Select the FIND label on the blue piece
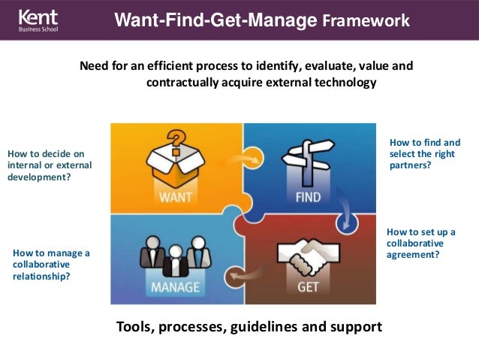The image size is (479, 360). tap(303, 198)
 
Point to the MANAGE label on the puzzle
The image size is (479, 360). tap(175, 287)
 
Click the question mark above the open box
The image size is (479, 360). tap(175, 140)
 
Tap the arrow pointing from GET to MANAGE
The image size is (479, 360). tap(245, 277)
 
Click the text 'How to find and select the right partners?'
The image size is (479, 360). tap(425, 154)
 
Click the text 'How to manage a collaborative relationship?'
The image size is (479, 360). tap(51, 265)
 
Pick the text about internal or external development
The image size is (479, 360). tap(49, 166)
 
